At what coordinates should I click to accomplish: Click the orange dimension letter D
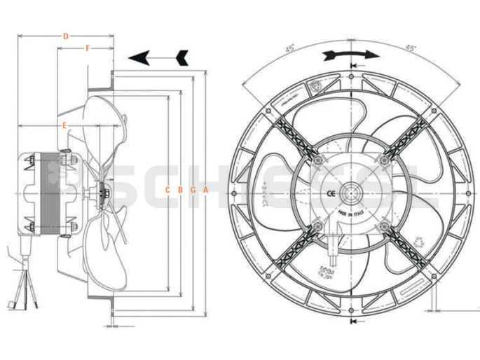pos(65,35)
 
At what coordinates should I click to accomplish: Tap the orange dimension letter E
pos(64,125)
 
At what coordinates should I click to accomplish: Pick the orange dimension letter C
pos(167,190)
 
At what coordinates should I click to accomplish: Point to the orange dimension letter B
pos(180,190)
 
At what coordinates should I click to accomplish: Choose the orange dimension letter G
pos(193,190)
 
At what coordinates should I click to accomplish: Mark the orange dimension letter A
pos(205,190)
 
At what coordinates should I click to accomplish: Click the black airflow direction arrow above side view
pos(159,57)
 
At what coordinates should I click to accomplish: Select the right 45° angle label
pos(411,48)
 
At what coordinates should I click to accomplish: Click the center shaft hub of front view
pos(350,192)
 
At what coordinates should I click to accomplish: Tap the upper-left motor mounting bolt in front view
pos(317,160)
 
